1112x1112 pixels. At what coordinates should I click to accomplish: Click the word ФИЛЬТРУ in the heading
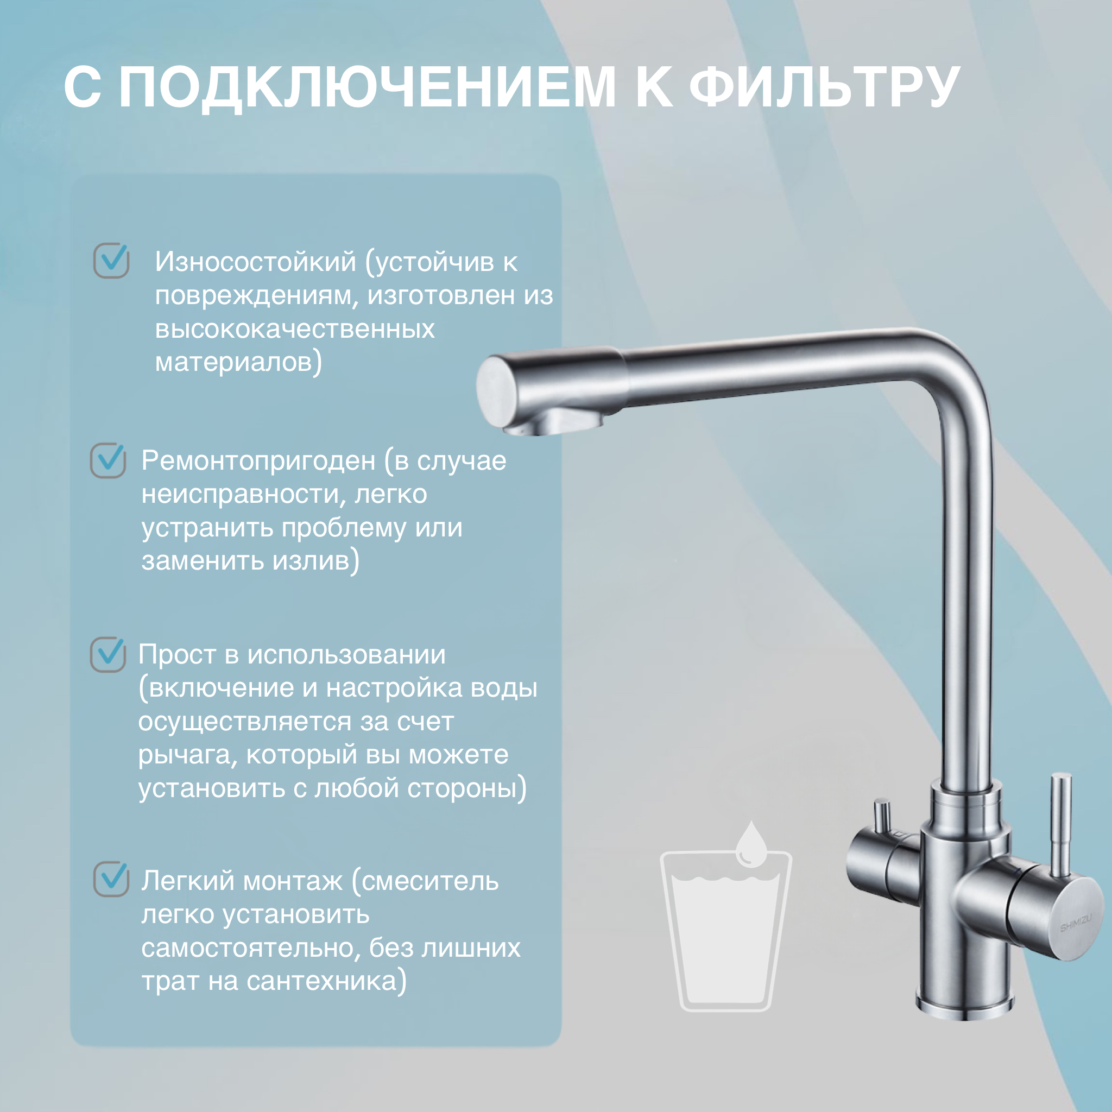pos(824,87)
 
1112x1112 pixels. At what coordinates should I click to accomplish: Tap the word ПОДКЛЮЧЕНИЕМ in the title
pos(367,87)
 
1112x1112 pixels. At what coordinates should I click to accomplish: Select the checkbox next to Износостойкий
pos(111,260)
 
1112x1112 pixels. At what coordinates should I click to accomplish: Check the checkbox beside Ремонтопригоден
pos(108,460)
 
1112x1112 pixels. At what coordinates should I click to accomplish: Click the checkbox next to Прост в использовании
pos(108,654)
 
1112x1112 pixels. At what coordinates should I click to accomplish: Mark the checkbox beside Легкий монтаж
pos(111,879)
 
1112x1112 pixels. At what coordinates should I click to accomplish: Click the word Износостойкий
pos(256,262)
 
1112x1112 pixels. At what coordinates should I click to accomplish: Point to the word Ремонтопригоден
pos(258,461)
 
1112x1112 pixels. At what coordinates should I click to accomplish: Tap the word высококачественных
pos(295,329)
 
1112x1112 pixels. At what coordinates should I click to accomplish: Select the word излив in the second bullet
pos(311,560)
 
